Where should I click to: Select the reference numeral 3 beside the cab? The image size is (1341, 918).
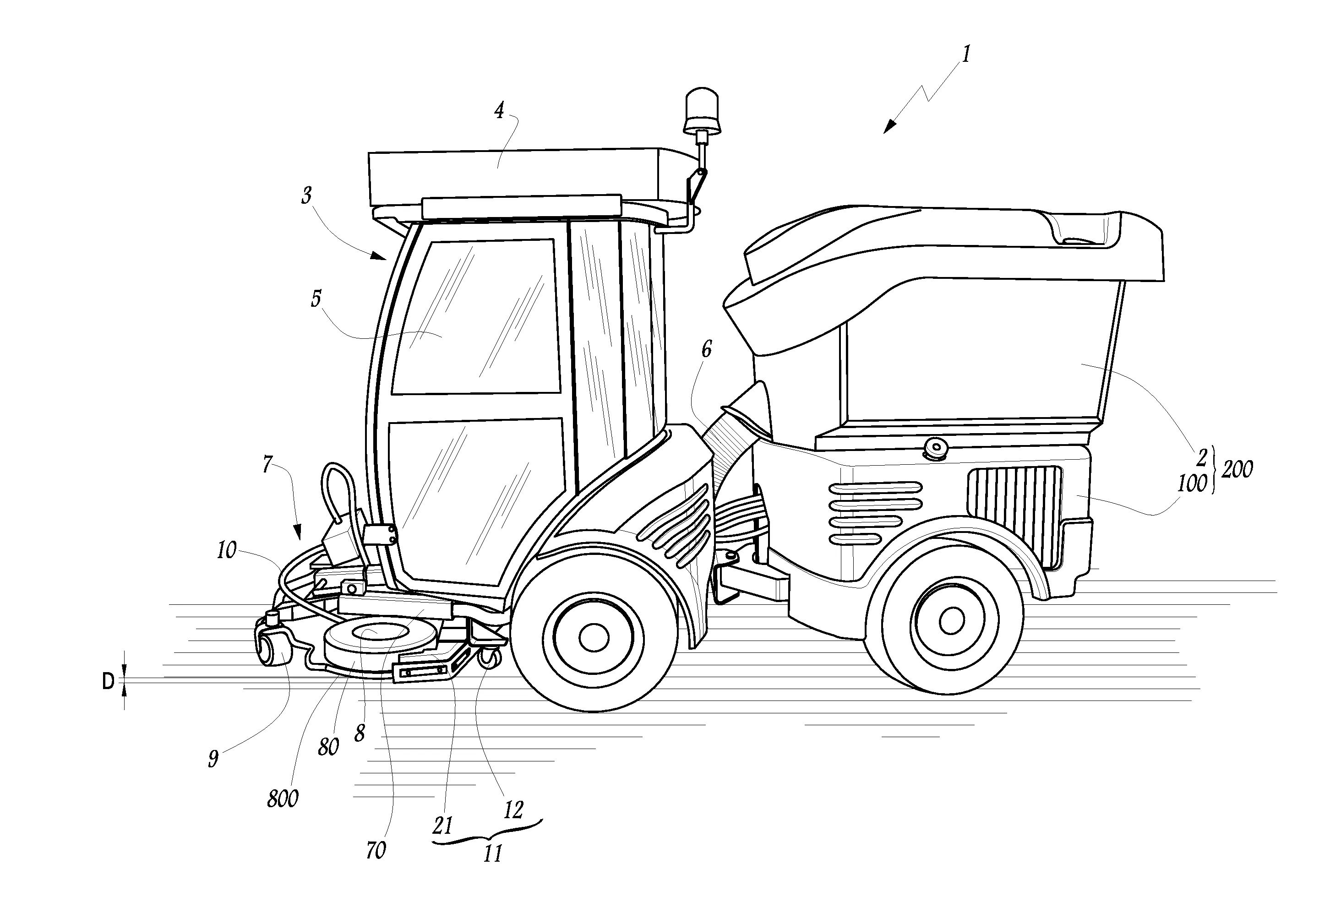pyautogui.click(x=306, y=196)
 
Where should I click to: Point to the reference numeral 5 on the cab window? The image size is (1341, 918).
pyautogui.click(x=316, y=299)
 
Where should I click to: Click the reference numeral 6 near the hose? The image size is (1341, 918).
pyautogui.click(x=706, y=349)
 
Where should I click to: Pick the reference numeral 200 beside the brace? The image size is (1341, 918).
pyautogui.click(x=1237, y=470)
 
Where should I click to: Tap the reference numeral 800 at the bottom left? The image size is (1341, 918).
pyautogui.click(x=283, y=799)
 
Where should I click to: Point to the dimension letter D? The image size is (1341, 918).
pyautogui.click(x=108, y=682)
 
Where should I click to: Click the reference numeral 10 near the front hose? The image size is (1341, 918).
pyautogui.click(x=226, y=550)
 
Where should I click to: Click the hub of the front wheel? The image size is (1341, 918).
pyautogui.click(x=593, y=637)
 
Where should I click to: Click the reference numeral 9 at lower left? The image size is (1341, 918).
pyautogui.click(x=213, y=758)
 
